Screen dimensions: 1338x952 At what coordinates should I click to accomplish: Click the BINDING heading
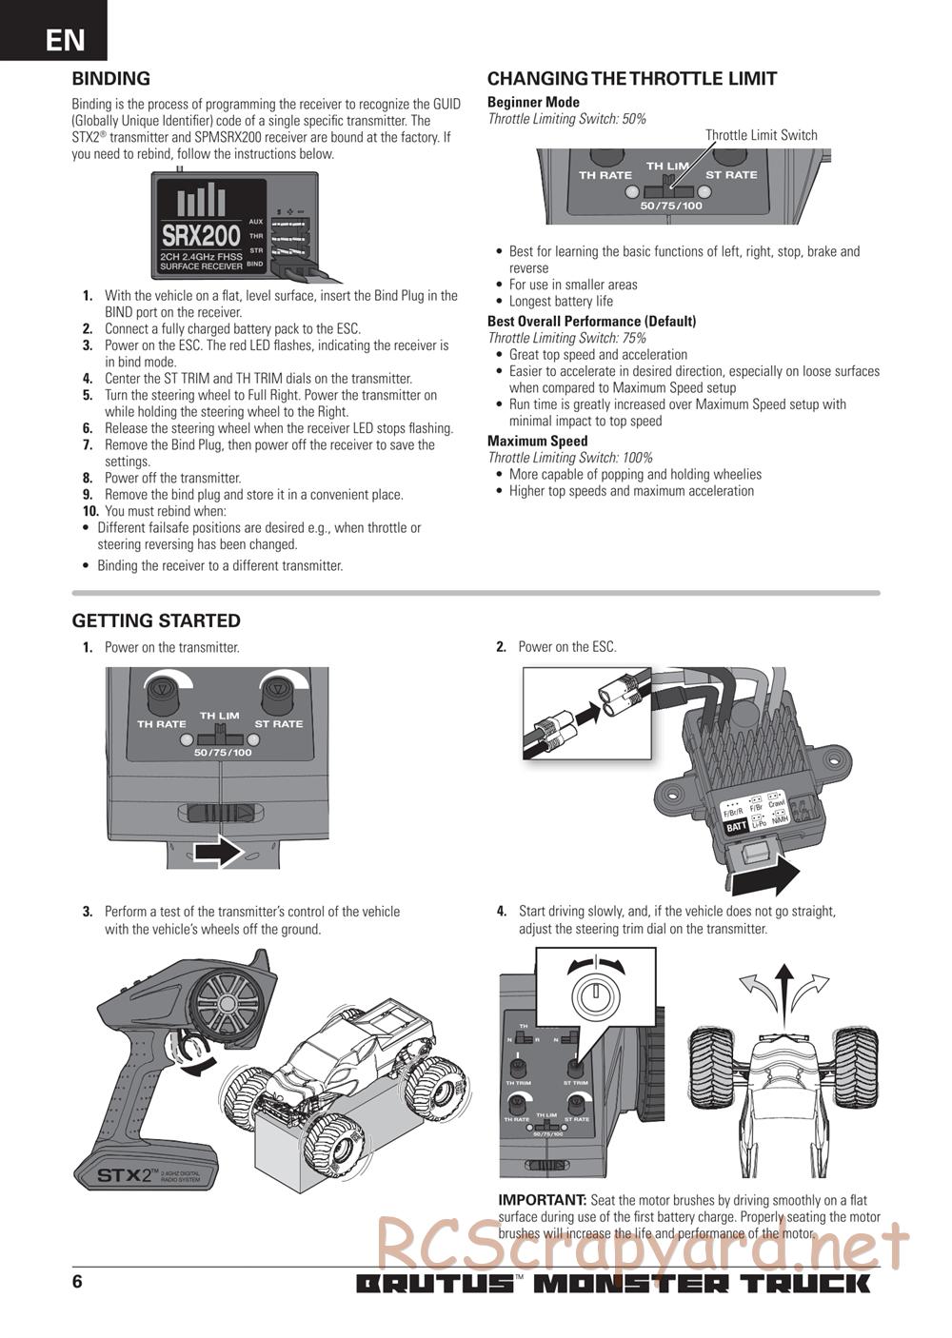pyautogui.click(x=111, y=79)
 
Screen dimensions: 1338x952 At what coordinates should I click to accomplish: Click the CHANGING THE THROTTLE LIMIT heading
pyautogui.click(x=632, y=79)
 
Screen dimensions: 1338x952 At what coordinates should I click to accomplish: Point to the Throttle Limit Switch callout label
pyautogui.click(x=761, y=135)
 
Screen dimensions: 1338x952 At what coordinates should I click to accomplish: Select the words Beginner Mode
pyautogui.click(x=533, y=102)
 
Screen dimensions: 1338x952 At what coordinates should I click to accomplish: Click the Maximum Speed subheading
pyautogui.click(x=537, y=441)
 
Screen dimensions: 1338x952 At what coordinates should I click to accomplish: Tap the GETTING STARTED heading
pyautogui.click(x=156, y=620)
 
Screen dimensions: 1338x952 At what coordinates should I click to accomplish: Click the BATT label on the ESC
pyautogui.click(x=736, y=827)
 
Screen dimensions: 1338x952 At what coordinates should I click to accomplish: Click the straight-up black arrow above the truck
pyautogui.click(x=783, y=990)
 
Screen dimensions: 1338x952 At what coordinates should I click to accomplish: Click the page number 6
pyautogui.click(x=77, y=1281)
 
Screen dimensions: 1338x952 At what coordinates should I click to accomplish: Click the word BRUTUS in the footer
pyautogui.click(x=435, y=1284)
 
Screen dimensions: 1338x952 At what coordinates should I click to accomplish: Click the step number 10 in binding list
pyautogui.click(x=90, y=511)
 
